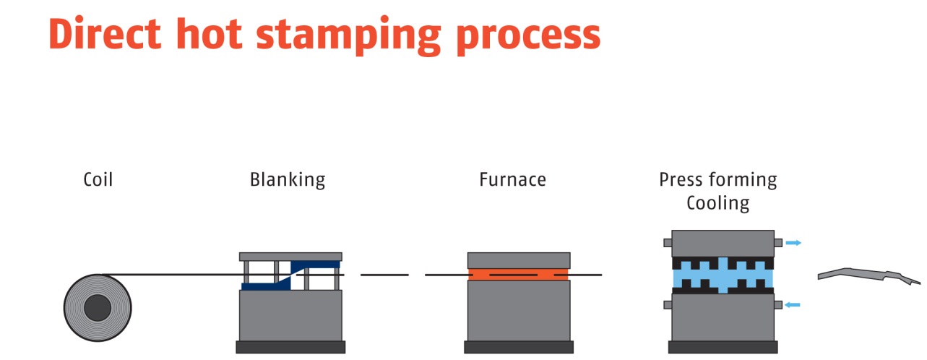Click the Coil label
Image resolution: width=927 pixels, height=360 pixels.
[98, 179]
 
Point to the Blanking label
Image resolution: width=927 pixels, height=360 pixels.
[288, 180]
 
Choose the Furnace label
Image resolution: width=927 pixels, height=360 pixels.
[512, 179]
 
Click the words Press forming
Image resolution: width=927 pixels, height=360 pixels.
[717, 180]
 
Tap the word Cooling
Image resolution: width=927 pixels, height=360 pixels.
[717, 203]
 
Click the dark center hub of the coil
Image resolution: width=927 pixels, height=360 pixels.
[98, 309]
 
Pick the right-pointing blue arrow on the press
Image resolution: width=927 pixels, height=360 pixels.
[793, 243]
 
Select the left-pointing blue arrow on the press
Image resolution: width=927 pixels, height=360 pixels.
[793, 305]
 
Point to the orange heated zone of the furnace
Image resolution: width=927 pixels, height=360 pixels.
[519, 275]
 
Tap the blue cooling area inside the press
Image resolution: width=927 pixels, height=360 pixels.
[723, 275]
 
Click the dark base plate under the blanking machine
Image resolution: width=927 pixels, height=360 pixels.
[290, 347]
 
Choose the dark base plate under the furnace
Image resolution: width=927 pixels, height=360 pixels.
[519, 347]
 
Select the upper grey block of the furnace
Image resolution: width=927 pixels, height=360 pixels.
[519, 260]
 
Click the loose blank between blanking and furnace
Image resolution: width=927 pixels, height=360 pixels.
[384, 275]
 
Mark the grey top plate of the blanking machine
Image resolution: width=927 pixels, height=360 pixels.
[290, 257]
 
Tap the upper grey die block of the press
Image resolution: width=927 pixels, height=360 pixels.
[723, 243]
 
